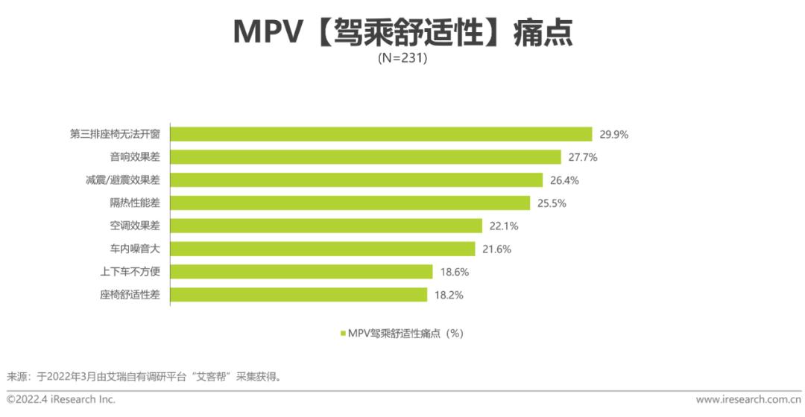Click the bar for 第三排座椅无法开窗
pos(381,134)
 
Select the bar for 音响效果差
pos(365,157)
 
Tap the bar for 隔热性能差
pos(350,203)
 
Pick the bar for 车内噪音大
pos(322,249)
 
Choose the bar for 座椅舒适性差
pos(299,295)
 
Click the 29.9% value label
pos(614,135)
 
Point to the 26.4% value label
pos(564,180)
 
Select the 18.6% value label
pos(454,272)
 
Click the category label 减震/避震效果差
pos(123,180)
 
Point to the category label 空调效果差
pos(135,226)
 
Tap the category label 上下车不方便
pos(130,272)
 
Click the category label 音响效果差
pos(135,157)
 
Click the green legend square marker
pos(343,334)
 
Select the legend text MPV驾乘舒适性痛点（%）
pos(405,334)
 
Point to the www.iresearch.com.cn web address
pos(748,400)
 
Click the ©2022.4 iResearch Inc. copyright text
pos(61,400)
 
